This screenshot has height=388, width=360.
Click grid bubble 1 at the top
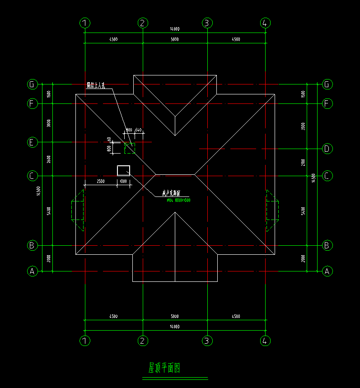[85, 23]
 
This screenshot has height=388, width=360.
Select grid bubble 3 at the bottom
[207, 341]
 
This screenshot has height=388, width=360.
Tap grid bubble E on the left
[32, 142]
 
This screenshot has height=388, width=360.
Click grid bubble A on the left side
[32, 271]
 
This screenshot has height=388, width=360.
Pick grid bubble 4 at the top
[266, 23]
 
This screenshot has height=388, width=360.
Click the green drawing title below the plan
[164, 368]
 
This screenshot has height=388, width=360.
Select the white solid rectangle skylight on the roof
[123, 170]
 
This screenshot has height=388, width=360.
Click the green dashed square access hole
[130, 148]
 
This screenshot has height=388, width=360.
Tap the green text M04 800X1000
[179, 200]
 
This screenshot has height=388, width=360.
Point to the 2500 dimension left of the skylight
[101, 181]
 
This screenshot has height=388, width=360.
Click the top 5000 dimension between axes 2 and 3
[175, 39]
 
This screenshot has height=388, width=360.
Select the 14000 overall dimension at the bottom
[175, 327]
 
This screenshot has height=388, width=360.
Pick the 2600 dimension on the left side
[49, 159]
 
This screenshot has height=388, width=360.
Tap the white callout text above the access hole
[96, 85]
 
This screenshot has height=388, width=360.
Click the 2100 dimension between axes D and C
[303, 162]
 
